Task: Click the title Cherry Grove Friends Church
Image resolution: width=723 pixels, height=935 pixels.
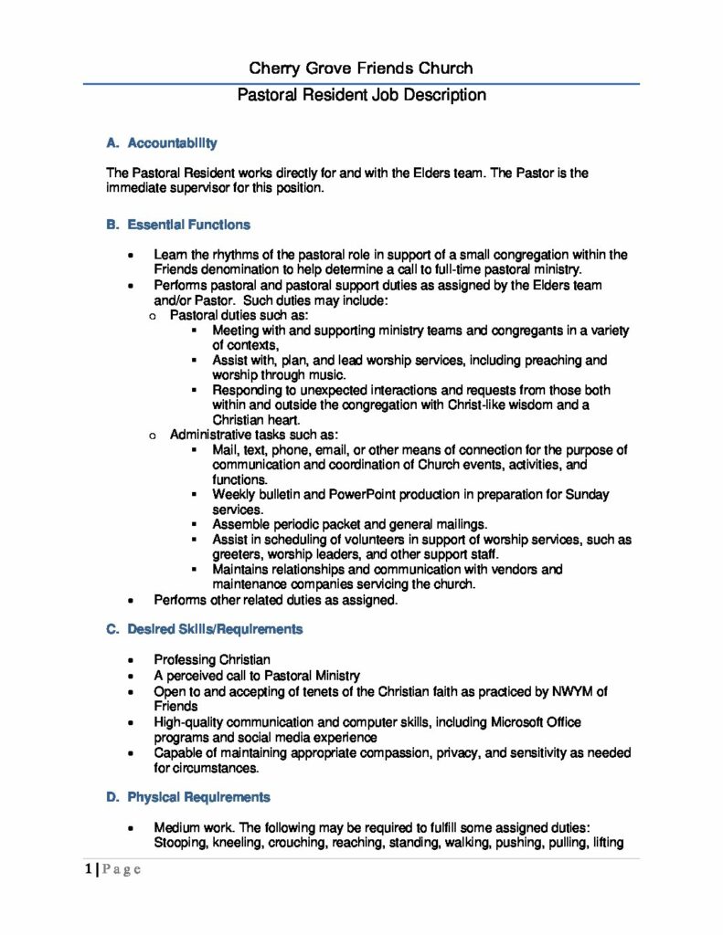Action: [361, 68]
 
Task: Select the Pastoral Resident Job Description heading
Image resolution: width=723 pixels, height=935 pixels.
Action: [361, 96]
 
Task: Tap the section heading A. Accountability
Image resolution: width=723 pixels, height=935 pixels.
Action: [162, 143]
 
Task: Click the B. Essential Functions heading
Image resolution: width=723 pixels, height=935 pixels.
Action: [178, 224]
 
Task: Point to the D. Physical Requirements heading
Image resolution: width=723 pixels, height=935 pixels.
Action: [188, 797]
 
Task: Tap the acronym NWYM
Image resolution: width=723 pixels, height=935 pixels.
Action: [567, 692]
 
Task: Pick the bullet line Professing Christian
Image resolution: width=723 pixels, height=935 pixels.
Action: [212, 659]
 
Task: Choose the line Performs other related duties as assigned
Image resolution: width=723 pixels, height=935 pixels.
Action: [276, 600]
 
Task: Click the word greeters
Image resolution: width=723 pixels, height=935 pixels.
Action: [238, 554]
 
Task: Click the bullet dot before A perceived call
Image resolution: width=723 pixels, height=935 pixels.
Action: [134, 677]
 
